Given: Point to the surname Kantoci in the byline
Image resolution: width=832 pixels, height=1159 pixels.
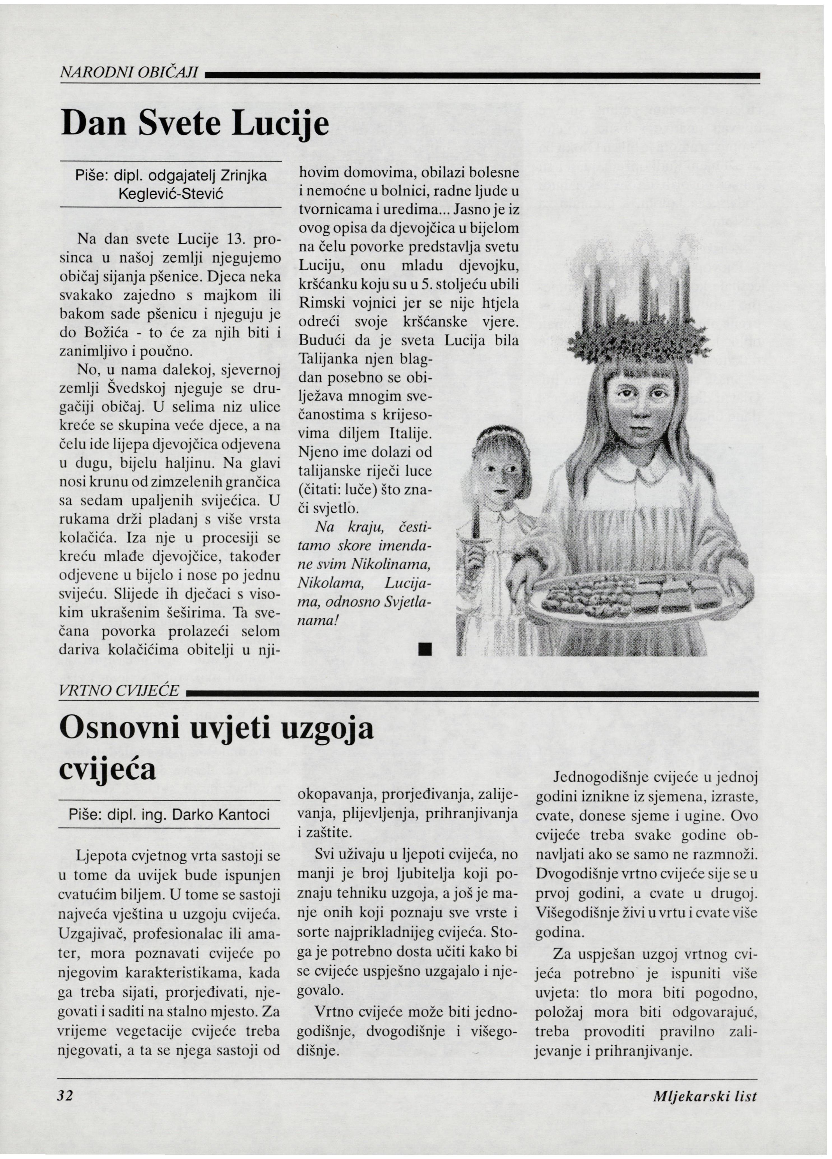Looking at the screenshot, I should [243, 814].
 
